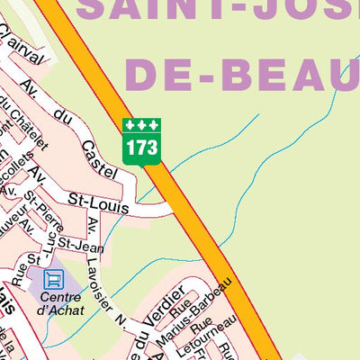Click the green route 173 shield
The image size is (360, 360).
point(141,140)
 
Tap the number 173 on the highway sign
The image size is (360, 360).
point(141,147)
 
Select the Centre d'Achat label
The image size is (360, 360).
point(61,304)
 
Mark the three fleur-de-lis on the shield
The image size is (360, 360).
point(141,124)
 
